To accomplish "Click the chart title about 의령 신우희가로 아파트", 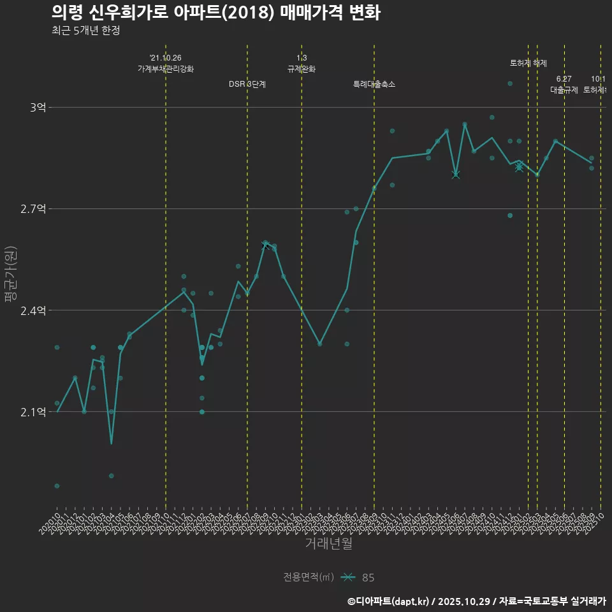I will [x=216, y=13].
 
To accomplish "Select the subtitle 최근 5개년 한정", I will [x=85, y=31].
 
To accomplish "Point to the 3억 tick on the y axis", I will [x=38, y=108].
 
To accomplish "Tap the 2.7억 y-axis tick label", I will [x=34, y=209].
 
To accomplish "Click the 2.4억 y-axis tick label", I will [x=34, y=310].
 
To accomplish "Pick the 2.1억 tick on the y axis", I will [x=34, y=412].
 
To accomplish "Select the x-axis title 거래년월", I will [x=328, y=544].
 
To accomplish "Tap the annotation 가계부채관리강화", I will [x=166, y=69].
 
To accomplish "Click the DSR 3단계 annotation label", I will [x=247, y=84].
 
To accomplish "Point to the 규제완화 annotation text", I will [x=302, y=69].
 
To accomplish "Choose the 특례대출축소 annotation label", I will [x=374, y=84].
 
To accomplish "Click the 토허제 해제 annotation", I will [x=528, y=63].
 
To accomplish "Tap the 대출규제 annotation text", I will [x=564, y=90].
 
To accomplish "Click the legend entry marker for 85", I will [x=347, y=578].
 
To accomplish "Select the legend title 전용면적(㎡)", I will [x=309, y=578].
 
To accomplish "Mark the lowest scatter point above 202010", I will [x=57, y=486].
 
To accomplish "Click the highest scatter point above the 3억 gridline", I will [x=510, y=84].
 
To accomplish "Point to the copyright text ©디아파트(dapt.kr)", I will [x=388, y=601].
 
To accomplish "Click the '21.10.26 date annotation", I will [x=166, y=58].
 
